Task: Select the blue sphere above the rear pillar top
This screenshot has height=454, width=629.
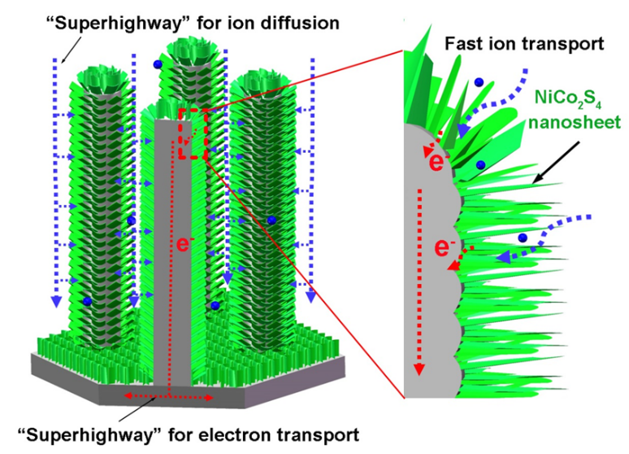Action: pos(157,63)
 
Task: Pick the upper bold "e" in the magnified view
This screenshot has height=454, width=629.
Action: pos(436,162)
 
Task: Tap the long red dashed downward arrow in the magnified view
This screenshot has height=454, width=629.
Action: pos(420,277)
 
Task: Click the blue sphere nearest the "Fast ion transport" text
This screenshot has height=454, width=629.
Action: pos(479,81)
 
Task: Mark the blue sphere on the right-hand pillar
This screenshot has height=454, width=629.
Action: pos(271,220)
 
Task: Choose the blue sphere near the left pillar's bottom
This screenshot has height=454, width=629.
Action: pos(88,302)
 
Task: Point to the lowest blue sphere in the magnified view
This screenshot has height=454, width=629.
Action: pos(523,237)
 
